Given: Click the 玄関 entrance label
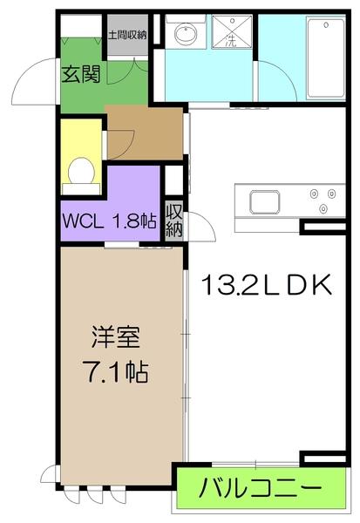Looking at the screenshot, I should tap(79, 74).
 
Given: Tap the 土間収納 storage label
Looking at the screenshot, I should tap(126, 35).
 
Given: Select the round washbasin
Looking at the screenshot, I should tap(185, 36).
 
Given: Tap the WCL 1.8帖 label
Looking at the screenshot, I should tap(108, 221).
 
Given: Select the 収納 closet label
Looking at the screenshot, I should tap(173, 221).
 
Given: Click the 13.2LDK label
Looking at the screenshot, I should tap(266, 285).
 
